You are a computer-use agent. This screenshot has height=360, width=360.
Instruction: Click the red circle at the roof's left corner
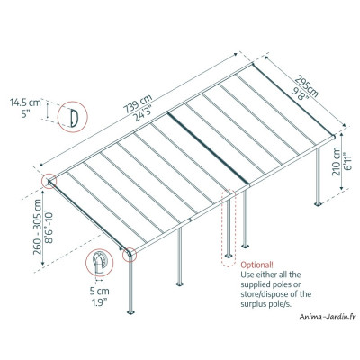pyautogui.click(x=46, y=181)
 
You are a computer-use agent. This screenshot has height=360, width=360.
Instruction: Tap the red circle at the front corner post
pyautogui.click(x=131, y=256)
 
